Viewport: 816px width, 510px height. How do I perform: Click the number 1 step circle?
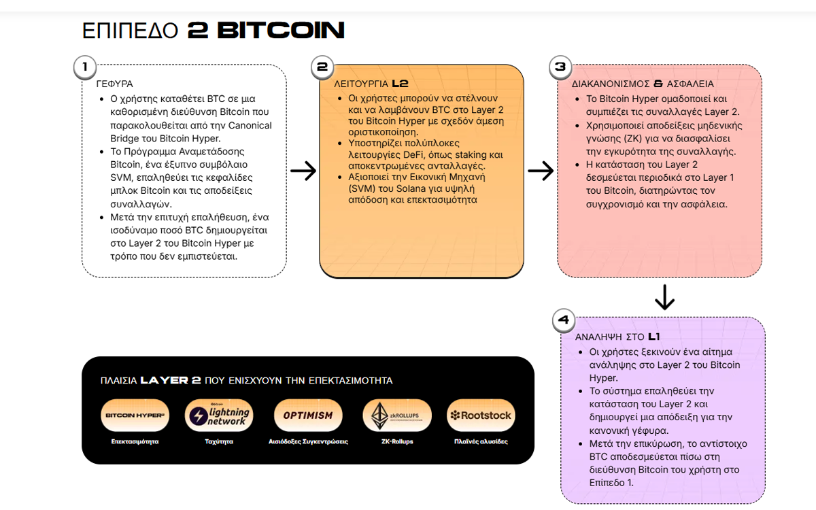84,67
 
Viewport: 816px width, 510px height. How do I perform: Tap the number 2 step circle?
322,67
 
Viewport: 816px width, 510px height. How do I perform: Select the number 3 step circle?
560,67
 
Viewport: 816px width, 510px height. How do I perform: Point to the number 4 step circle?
563,320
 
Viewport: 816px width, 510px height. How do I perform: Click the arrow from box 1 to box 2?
303,171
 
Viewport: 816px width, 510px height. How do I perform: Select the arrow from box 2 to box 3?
541,171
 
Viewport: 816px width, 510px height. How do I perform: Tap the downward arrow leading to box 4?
664,296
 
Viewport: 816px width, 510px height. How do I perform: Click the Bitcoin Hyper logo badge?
135,415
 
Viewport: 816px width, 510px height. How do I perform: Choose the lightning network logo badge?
219,415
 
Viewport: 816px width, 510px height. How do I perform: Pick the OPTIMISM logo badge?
308,415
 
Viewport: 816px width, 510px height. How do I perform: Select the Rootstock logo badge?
480,415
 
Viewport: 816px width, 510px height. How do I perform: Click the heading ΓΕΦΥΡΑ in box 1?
114,84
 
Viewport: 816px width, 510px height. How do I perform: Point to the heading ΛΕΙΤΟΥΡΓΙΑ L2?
371,84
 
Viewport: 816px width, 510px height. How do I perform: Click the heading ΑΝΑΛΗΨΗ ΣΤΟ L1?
617,337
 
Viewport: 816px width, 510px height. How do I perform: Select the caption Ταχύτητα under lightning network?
219,441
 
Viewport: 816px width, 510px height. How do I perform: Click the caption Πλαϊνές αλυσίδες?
480,441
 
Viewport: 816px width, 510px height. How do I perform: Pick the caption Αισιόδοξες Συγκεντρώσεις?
308,441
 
